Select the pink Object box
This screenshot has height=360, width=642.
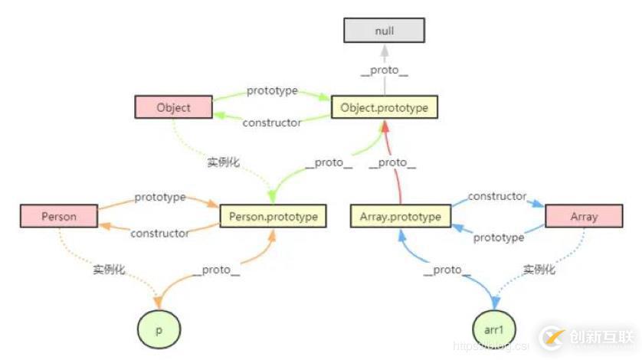point(173,108)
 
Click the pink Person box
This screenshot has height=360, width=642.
point(59,216)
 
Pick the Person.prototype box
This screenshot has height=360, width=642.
point(273,216)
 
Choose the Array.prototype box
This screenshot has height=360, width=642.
point(400,216)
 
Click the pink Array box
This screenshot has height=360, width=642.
point(583,216)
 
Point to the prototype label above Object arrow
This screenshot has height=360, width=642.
point(272,91)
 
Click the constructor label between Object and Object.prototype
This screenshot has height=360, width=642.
point(272,123)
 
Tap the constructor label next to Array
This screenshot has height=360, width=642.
point(497,197)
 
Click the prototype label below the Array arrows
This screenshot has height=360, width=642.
point(499,237)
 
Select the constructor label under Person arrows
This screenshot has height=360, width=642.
point(159,233)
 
